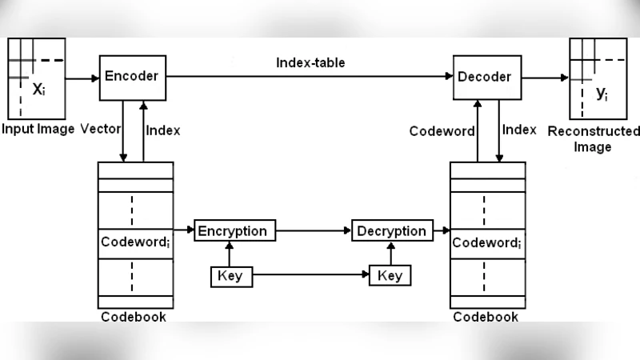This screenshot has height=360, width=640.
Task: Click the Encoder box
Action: (x=133, y=78)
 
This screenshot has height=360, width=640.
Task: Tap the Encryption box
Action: (x=233, y=231)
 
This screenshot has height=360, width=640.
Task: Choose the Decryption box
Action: (x=391, y=231)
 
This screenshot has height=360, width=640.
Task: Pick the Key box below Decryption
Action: (x=390, y=276)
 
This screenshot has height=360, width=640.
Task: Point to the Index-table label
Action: (x=310, y=62)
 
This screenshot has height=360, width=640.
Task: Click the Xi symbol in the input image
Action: (x=38, y=90)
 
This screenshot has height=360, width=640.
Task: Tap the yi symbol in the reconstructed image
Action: (x=602, y=94)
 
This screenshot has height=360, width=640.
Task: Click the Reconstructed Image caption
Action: (x=594, y=139)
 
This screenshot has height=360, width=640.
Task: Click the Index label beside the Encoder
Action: (x=164, y=130)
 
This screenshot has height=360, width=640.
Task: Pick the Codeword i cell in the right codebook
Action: (x=488, y=242)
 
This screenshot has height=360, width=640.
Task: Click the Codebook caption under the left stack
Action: (x=134, y=317)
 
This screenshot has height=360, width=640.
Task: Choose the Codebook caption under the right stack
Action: (x=486, y=317)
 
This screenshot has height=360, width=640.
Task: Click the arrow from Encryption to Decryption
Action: (x=314, y=231)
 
